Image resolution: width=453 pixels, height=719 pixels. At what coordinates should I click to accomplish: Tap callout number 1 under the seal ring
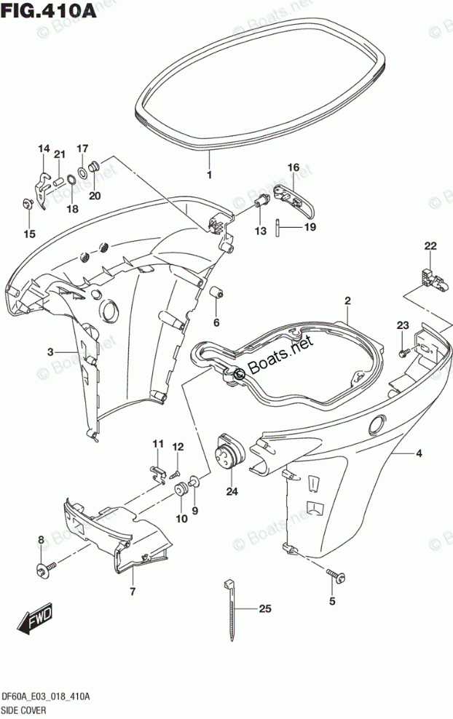[208, 175]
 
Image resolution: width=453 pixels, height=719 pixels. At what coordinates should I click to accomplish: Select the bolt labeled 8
[45, 566]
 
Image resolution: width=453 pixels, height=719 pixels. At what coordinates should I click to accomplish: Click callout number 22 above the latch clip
[430, 246]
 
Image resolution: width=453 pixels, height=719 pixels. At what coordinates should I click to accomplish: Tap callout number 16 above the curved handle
[293, 168]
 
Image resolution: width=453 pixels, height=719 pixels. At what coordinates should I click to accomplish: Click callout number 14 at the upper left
[44, 149]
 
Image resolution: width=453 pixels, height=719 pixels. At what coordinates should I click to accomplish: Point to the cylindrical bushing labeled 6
[216, 293]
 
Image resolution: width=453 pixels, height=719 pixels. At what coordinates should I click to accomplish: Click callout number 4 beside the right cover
[419, 455]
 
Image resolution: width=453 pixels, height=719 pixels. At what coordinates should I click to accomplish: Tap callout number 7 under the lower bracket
[133, 592]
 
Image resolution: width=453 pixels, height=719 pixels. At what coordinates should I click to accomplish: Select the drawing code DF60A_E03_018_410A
[46, 696]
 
